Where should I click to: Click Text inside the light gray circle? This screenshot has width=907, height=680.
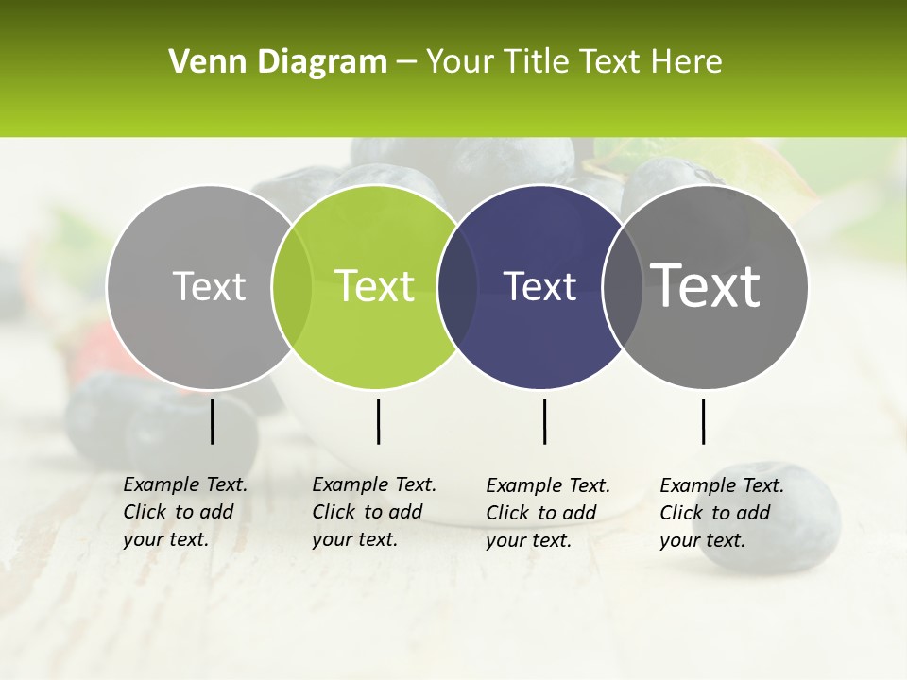209,286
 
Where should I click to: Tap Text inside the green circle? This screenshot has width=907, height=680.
374,286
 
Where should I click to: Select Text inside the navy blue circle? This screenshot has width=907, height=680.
540,286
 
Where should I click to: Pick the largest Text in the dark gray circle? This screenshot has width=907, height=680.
706,286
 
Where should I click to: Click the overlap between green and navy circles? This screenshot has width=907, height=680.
457,286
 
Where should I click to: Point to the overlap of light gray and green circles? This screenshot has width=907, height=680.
292,286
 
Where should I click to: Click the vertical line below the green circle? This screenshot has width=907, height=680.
378,421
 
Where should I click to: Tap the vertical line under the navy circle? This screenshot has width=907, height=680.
544,421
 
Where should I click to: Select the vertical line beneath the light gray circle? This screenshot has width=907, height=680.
213,421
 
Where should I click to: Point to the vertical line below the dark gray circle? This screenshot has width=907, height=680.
703,421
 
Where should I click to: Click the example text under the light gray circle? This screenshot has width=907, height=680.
184,512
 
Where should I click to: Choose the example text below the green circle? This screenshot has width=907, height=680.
373,512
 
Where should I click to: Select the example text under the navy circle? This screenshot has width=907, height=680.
547,513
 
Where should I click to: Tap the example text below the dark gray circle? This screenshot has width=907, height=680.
721,513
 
